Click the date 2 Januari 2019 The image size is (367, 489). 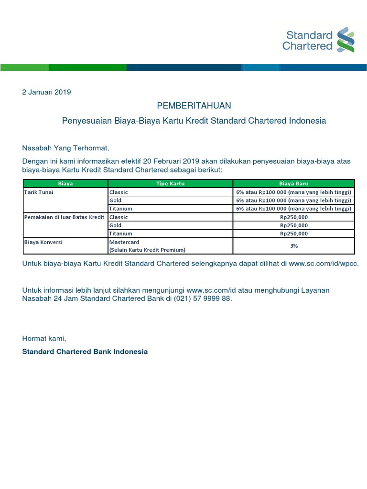click(46, 92)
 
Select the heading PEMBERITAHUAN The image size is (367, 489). click(194, 106)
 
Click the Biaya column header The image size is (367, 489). click(65, 183)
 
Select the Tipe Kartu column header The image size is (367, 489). click(170, 183)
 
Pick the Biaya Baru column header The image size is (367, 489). click(293, 183)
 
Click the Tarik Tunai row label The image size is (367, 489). click(37, 192)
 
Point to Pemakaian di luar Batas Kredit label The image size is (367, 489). click(64, 217)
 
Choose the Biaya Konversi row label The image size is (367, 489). click(43, 242)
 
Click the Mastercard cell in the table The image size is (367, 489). click(124, 242)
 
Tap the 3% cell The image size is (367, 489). click(293, 246)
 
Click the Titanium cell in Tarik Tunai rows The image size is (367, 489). click(120, 209)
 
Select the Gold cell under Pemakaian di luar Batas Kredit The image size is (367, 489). click(115, 225)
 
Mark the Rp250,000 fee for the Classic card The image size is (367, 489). click(293, 217)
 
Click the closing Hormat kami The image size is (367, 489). click(44, 339)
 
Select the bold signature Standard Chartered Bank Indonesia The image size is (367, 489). click(85, 351)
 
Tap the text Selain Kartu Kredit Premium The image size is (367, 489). click(147, 250)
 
